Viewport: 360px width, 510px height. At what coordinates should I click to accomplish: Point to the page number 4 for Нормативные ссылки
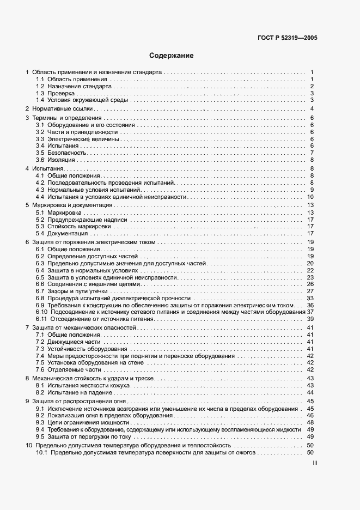(x=312, y=109)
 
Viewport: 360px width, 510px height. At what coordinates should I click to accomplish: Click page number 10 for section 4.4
(x=310, y=197)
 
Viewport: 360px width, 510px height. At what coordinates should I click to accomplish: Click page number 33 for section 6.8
(x=310, y=299)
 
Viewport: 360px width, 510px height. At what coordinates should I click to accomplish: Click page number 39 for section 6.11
(x=310, y=319)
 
